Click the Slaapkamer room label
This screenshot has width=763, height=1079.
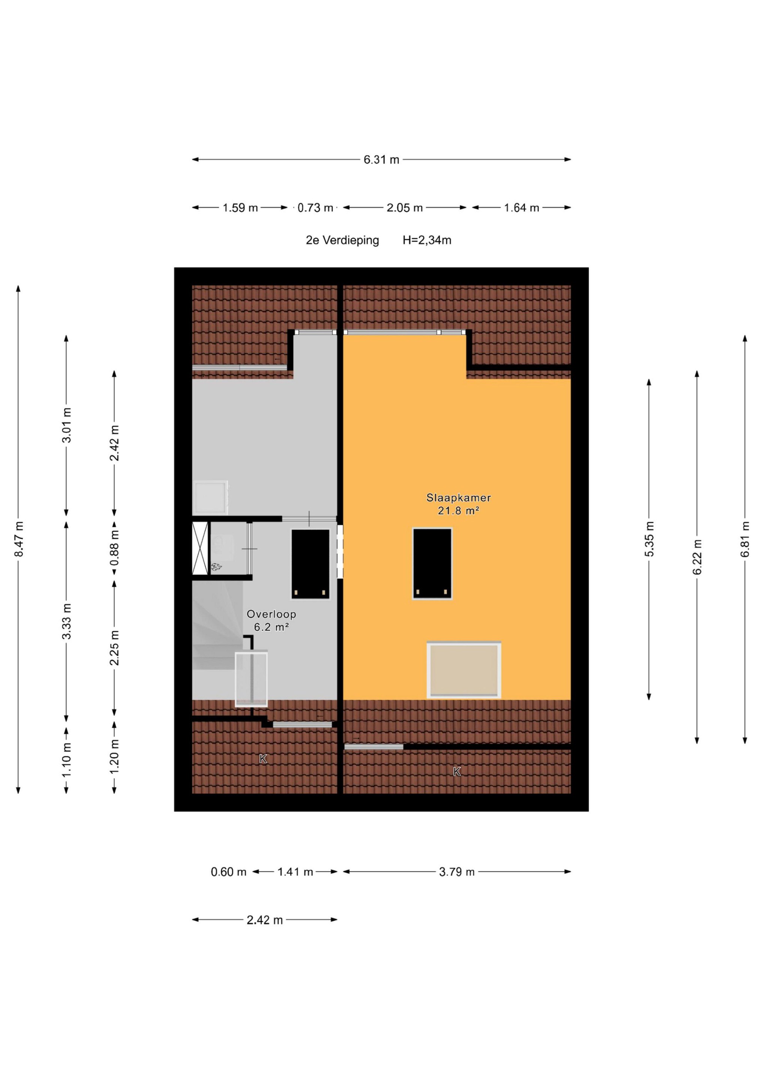(x=458, y=497)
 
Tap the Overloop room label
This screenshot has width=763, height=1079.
(x=271, y=614)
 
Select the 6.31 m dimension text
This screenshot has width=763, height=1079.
(x=381, y=160)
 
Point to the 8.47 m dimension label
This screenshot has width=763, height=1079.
(x=19, y=539)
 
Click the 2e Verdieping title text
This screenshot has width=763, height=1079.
(x=342, y=240)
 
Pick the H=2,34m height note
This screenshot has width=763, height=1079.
(x=427, y=240)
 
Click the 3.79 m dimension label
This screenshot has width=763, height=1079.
(x=457, y=872)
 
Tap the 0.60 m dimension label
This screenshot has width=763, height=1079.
(x=229, y=872)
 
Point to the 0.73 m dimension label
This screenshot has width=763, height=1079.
(x=316, y=208)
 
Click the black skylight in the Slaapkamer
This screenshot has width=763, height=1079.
(x=432, y=563)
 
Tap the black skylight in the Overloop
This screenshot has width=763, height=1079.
(x=310, y=564)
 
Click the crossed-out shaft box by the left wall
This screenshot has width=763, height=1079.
(x=200, y=548)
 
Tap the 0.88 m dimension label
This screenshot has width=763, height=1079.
(x=114, y=548)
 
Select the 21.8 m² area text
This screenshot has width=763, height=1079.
(x=458, y=510)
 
